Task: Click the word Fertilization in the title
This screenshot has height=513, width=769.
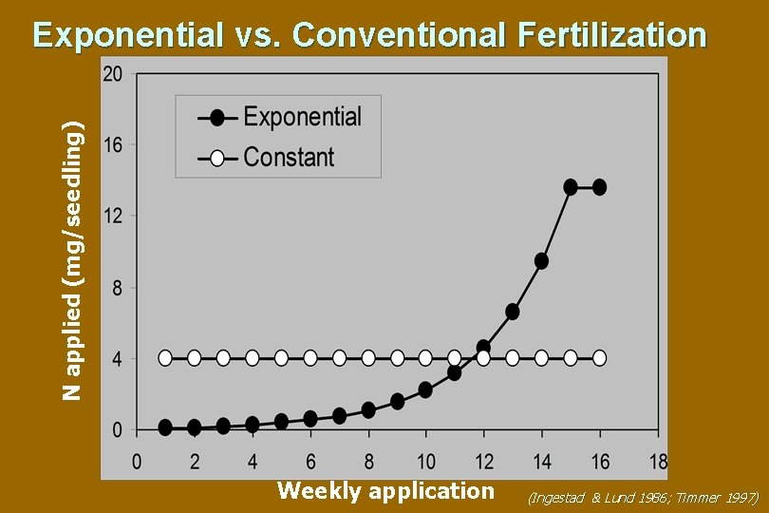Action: pyautogui.click(x=613, y=35)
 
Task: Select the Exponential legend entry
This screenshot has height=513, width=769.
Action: pyautogui.click(x=302, y=117)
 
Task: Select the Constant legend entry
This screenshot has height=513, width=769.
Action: pyautogui.click(x=289, y=157)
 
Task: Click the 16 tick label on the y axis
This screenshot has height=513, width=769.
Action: pyautogui.click(x=112, y=144)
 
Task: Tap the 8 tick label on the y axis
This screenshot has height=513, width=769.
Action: pyautogui.click(x=117, y=288)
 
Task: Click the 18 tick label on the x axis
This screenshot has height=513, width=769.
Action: pyautogui.click(x=656, y=463)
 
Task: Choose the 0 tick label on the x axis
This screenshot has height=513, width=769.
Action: pyautogui.click(x=137, y=463)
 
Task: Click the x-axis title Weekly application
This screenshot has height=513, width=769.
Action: pyautogui.click(x=385, y=490)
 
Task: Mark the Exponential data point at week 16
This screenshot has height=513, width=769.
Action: pyautogui.click(x=599, y=187)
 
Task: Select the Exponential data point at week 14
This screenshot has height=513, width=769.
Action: pyautogui.click(x=541, y=260)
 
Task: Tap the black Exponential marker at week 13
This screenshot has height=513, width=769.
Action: pyautogui.click(x=513, y=312)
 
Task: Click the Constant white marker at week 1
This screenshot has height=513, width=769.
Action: pyautogui.click(x=165, y=358)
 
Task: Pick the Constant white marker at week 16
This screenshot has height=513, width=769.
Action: pyautogui.click(x=599, y=358)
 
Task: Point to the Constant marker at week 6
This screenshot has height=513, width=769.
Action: pyautogui.click(x=310, y=358)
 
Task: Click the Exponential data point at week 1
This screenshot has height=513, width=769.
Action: pyautogui.click(x=165, y=427)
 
